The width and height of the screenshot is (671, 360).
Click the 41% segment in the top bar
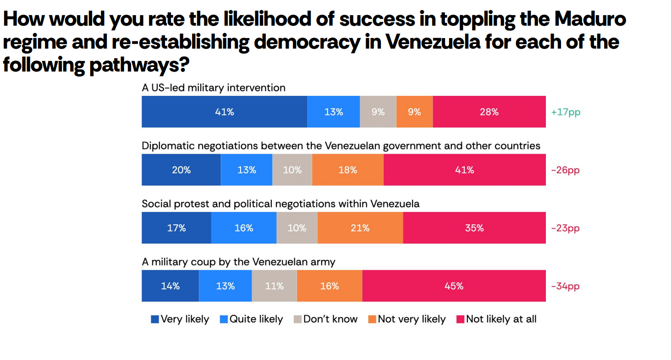[x=224, y=112]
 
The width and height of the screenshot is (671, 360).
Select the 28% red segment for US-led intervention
[x=489, y=112]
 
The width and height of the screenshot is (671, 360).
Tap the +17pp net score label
[x=566, y=112]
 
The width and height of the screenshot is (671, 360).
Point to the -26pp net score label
[x=565, y=170]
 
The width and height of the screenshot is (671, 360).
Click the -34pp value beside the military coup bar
[x=565, y=286]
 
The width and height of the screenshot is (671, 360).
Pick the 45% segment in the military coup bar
[x=454, y=286]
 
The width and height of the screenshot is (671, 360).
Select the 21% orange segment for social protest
[x=360, y=228]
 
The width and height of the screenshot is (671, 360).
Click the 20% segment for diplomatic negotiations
[x=181, y=170]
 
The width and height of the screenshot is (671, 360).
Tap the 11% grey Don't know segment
[x=274, y=286]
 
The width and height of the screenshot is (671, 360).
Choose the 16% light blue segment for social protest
[x=244, y=228]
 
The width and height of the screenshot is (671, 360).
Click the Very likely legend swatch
[x=155, y=319]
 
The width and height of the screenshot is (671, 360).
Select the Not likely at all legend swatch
[x=460, y=319]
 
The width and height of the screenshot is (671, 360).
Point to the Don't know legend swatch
[x=297, y=319]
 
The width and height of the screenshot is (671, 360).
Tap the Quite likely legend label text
[x=256, y=319]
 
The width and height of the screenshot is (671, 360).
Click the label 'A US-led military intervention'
[x=214, y=88]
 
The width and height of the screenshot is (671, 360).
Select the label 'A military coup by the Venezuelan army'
[x=238, y=262]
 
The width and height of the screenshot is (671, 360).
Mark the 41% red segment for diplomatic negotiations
[x=464, y=170]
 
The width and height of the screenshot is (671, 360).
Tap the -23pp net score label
[x=565, y=228]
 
